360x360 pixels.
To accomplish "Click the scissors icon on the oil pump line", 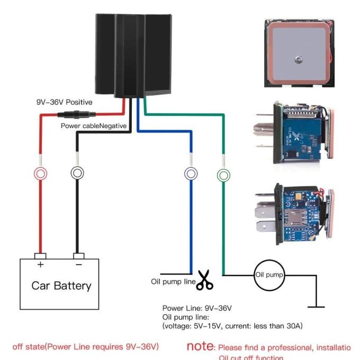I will [204, 281].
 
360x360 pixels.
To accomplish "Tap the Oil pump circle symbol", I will [269, 275].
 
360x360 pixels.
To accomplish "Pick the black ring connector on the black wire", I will [77, 173].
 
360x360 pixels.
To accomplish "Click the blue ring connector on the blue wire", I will [190, 173].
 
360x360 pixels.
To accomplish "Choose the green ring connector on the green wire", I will [223, 174].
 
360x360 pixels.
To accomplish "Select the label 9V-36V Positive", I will [64, 102].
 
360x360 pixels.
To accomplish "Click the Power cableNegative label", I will [93, 126].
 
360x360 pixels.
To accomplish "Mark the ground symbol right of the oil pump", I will [317, 305].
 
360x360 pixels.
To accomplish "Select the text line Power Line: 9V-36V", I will [197, 308].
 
